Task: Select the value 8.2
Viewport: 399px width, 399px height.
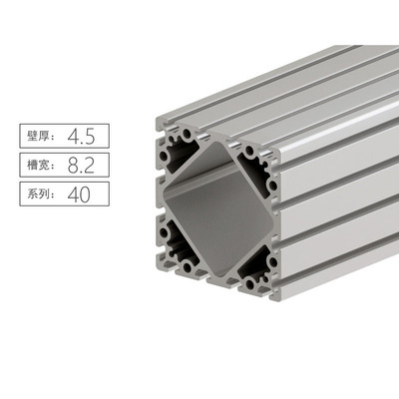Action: pos(81,164)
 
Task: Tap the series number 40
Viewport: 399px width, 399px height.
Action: pos(80,193)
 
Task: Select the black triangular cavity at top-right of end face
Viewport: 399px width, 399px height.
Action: pos(261,166)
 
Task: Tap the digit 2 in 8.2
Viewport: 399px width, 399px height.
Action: pos(92,164)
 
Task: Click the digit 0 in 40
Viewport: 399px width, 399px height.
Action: pos(89,193)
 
